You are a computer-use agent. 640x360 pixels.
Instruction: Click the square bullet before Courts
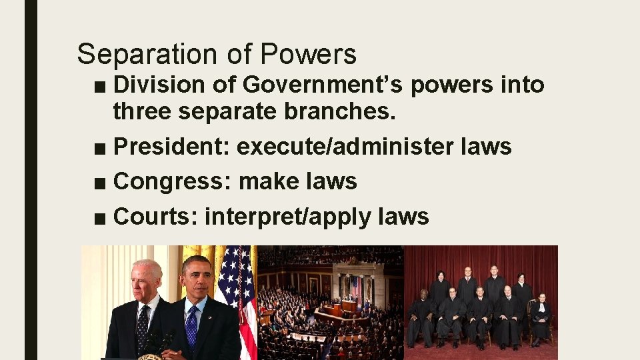[100, 218]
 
